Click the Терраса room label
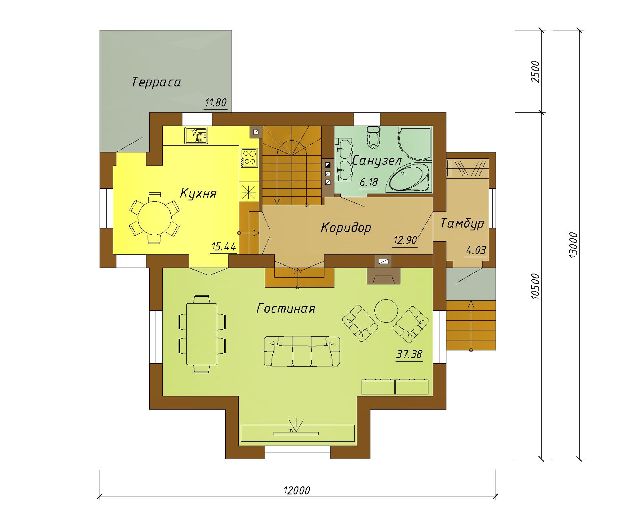click(x=156, y=82)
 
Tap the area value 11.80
click(x=216, y=103)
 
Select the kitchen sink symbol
click(x=196, y=135)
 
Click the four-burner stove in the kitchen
click(x=249, y=157)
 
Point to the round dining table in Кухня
click(x=155, y=218)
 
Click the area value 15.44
click(x=224, y=247)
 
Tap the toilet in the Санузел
click(x=374, y=137)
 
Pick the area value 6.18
click(x=369, y=182)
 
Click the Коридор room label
click(x=346, y=228)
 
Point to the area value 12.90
click(x=405, y=240)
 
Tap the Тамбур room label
click(x=462, y=223)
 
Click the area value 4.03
click(x=476, y=250)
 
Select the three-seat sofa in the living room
click(x=302, y=351)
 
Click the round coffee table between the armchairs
click(x=386, y=311)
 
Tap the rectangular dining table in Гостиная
click(x=202, y=334)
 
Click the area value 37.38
click(x=409, y=354)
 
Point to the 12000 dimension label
click(x=297, y=490)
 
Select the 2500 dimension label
click(x=535, y=72)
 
